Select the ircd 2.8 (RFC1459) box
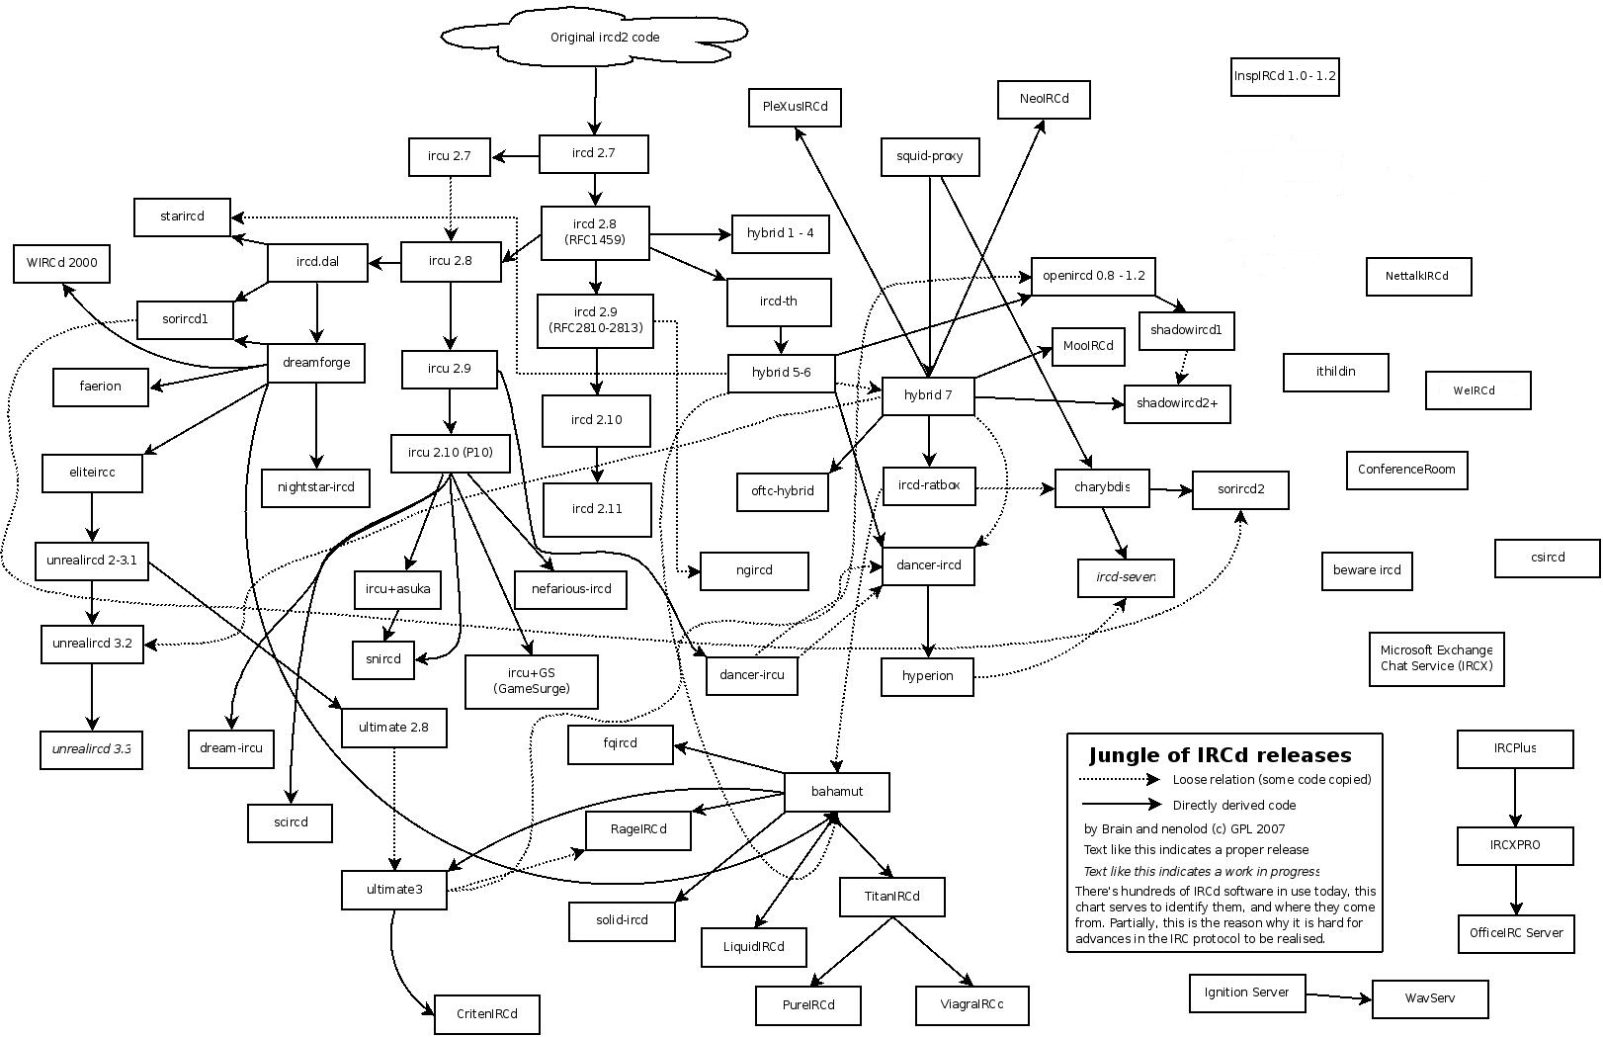pyautogui.click(x=595, y=232)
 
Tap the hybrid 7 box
pyautogui.click(x=927, y=396)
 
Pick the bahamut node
pyautogui.click(x=836, y=792)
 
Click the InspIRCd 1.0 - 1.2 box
pyautogui.click(x=1285, y=76)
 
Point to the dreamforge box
pyautogui.click(x=316, y=363)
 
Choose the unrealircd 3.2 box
pyautogui.click(x=92, y=644)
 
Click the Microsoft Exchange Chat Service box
pyautogui.click(x=1436, y=658)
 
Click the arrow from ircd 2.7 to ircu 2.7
pyautogui.click(x=515, y=155)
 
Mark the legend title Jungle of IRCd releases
pyautogui.click(x=1220, y=756)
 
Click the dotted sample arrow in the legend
pyautogui.click(x=1122, y=779)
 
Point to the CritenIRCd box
pyautogui.click(x=487, y=1014)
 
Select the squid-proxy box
pyautogui.click(x=930, y=156)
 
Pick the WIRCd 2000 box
pyautogui.click(x=61, y=264)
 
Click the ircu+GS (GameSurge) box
pyautogui.click(x=531, y=681)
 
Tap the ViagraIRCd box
pyautogui.click(x=972, y=1005)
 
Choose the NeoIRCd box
pyautogui.click(x=1044, y=99)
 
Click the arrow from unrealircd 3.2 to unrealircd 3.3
pyautogui.click(x=92, y=697)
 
